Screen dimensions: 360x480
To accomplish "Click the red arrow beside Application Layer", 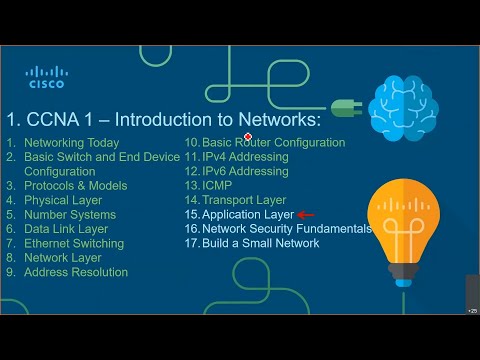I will click(306, 214).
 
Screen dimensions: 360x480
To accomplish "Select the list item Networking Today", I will click(71, 143).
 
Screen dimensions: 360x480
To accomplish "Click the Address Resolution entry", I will click(76, 272).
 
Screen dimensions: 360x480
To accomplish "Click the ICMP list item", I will click(217, 186).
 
